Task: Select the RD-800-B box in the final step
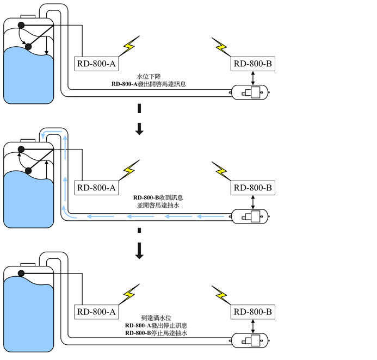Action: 253,312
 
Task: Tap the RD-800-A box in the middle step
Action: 97,188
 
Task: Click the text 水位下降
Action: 149,77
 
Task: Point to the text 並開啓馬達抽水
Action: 158,206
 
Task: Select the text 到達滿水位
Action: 156,318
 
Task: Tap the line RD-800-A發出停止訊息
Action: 156,325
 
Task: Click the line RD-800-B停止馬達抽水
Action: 156,333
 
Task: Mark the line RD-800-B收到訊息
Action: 158,198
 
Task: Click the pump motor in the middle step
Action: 250,217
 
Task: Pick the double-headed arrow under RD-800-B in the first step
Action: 254,78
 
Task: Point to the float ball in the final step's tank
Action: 22,272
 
